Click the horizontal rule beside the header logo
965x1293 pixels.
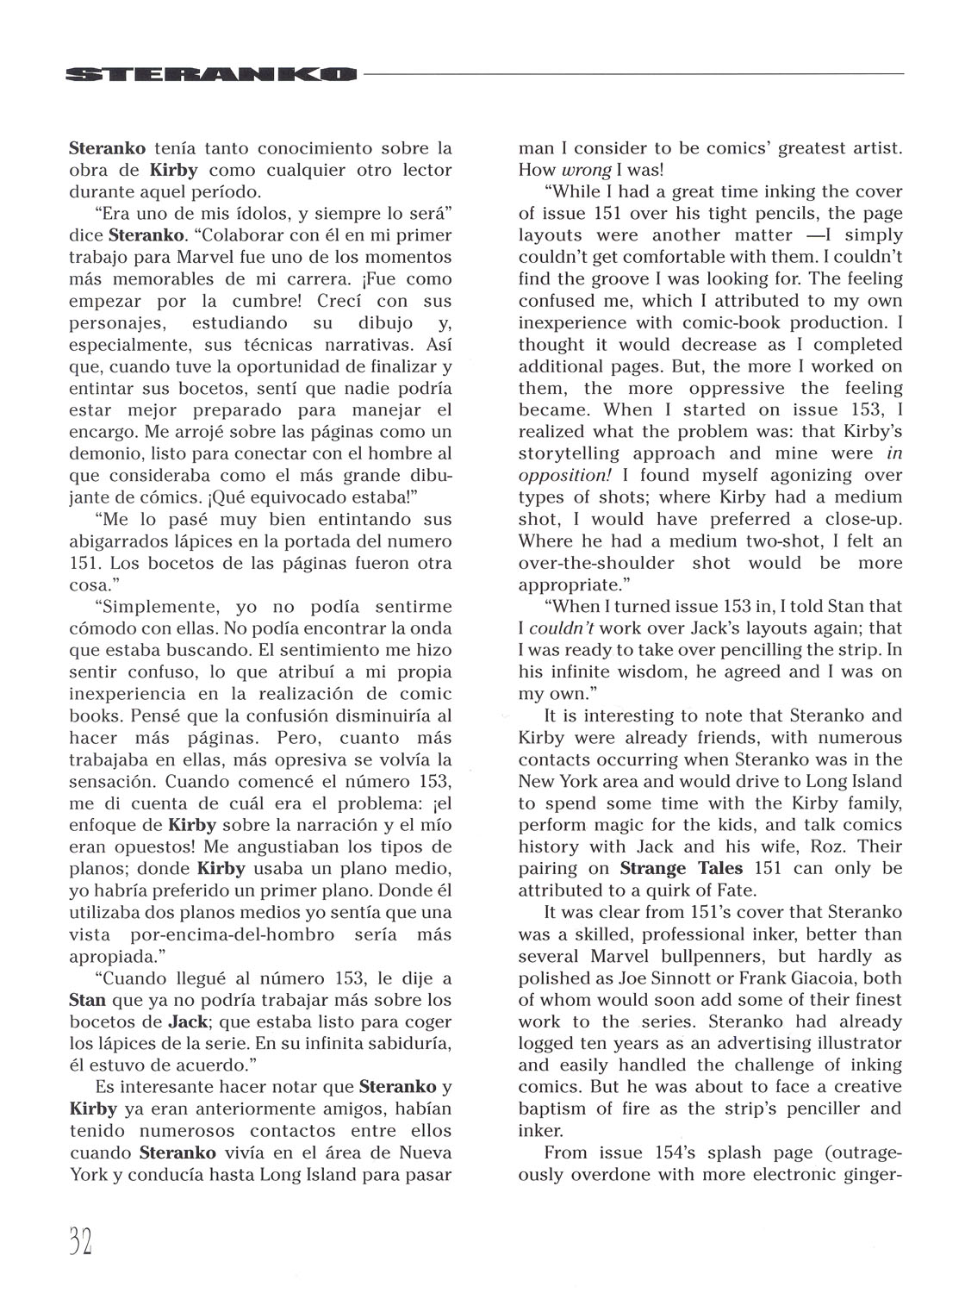633,74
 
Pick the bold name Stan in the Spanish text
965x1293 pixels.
87,1001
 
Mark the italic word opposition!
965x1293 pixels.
562,475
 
